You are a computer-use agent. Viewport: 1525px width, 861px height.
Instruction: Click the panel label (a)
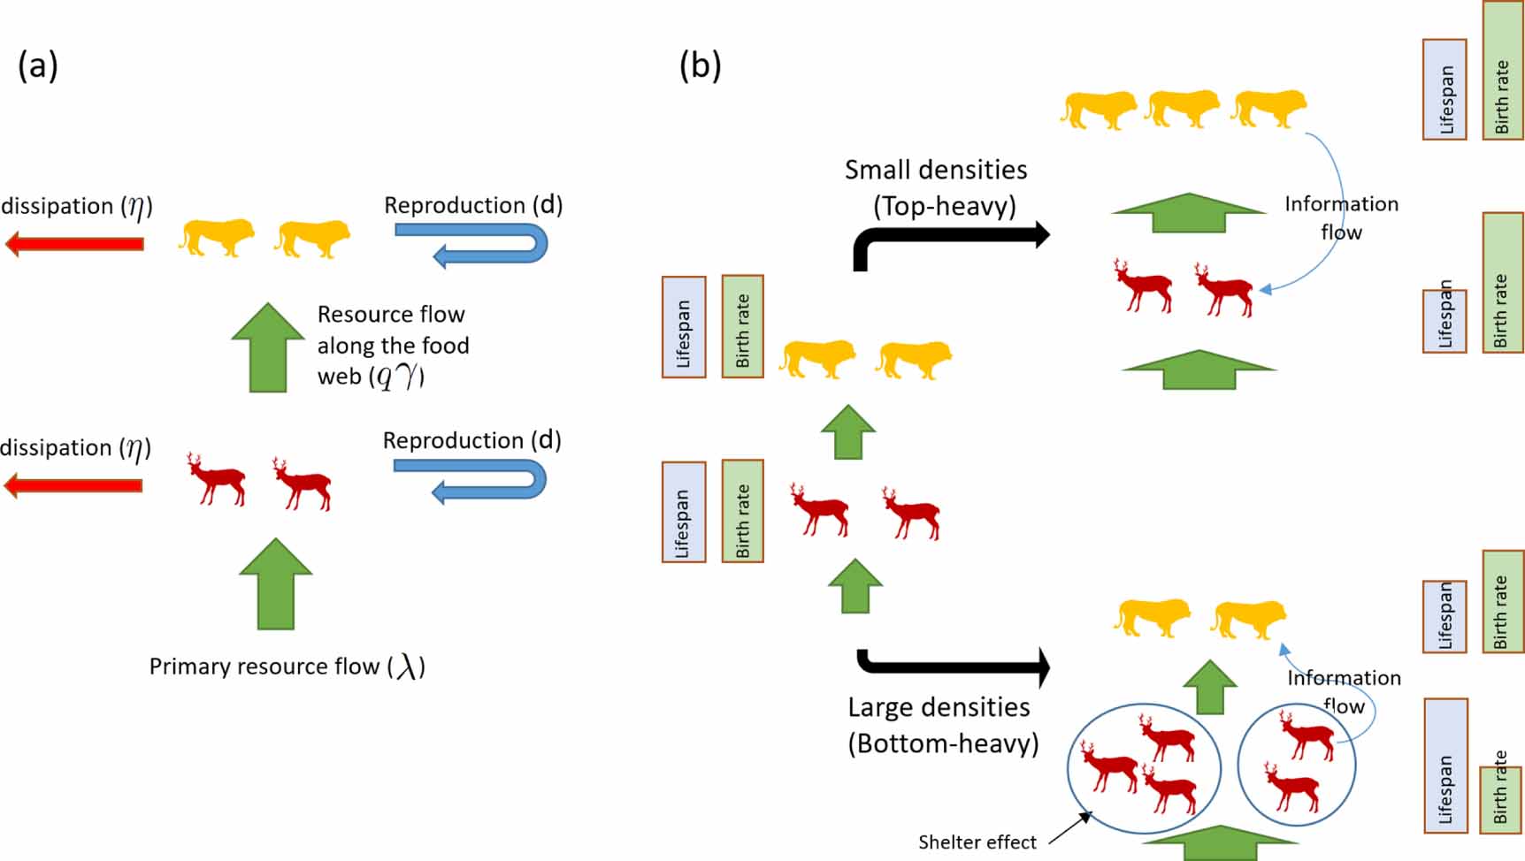[x=38, y=66]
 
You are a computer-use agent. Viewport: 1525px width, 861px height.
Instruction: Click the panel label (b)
[x=700, y=66]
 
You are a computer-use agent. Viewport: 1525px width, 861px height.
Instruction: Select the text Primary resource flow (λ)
[x=287, y=667]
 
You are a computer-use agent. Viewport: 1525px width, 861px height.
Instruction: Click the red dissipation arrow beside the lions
[x=74, y=243]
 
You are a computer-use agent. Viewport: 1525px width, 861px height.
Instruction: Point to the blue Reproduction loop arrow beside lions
[x=472, y=243]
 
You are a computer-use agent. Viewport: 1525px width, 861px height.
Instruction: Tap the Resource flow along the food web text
[x=392, y=346]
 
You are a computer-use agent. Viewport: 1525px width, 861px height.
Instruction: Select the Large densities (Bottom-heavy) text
[x=942, y=725]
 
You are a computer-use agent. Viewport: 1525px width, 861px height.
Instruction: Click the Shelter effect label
[x=977, y=842]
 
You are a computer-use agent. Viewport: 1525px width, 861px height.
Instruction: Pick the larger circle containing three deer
[x=1145, y=768]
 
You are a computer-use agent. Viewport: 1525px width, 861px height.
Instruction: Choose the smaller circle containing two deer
[x=1296, y=764]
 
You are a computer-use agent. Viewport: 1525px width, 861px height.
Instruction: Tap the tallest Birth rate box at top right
[x=1502, y=71]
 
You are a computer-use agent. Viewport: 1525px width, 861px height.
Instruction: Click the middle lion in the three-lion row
[x=1182, y=109]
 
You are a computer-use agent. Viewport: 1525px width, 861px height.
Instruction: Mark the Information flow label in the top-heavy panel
[x=1341, y=217]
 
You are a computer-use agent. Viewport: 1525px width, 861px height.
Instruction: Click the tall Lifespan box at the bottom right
[x=1445, y=766]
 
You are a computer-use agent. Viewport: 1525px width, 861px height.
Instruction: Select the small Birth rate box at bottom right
[x=1500, y=799]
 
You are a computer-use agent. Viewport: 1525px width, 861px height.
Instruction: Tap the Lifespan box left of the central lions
[x=684, y=327]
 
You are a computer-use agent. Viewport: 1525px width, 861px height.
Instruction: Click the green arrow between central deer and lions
[x=848, y=432]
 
